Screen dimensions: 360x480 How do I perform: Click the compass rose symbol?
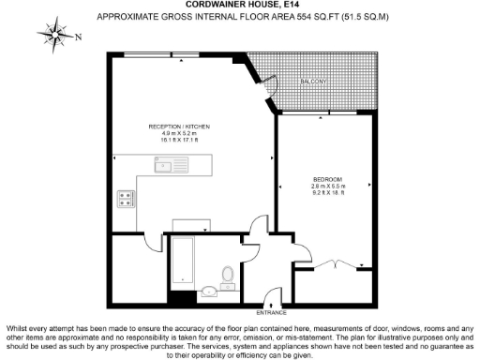[x=56, y=36]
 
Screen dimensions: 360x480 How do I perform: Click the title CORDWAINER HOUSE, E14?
[x=239, y=6]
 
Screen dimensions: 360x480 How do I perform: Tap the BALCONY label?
[x=313, y=82]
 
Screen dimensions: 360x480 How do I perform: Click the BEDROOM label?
[x=327, y=179]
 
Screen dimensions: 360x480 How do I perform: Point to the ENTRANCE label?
[x=272, y=311]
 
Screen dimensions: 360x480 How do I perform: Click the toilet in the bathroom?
[x=227, y=275]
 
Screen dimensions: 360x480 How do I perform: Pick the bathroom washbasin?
[x=215, y=293]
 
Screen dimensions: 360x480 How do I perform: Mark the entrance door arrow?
[x=272, y=302]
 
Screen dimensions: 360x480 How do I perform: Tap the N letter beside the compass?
[x=78, y=37]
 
